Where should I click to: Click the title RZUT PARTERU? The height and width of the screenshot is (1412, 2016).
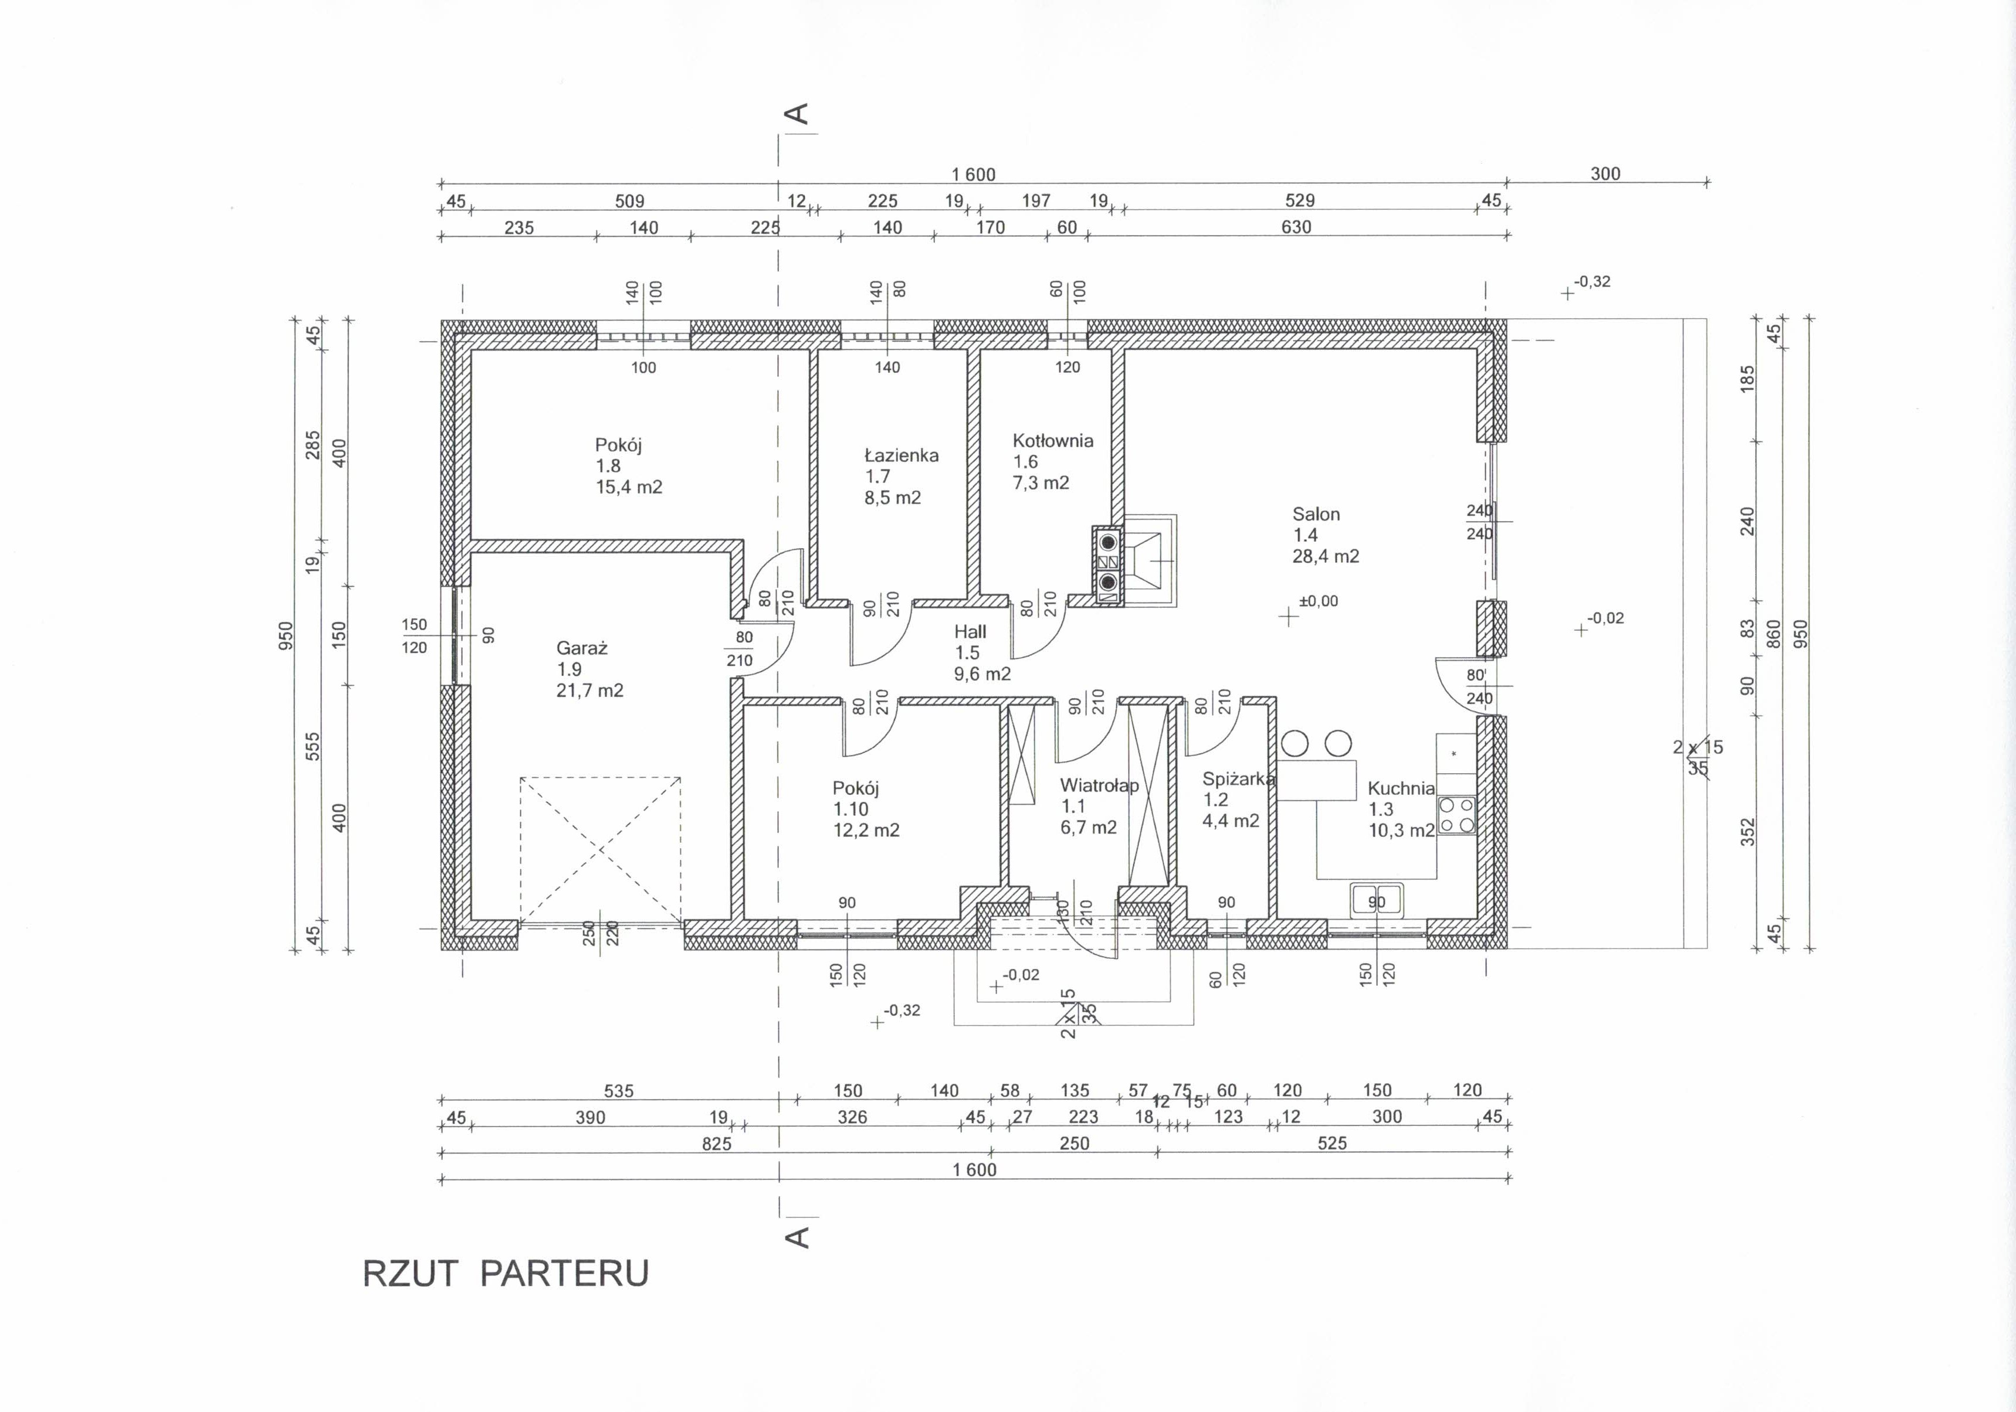click(506, 1273)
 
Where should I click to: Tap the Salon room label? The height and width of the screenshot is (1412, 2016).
click(1315, 514)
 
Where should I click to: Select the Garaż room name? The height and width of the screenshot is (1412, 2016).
click(582, 648)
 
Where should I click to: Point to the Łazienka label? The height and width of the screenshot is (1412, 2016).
click(901, 455)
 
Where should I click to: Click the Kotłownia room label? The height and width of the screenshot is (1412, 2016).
click(1053, 441)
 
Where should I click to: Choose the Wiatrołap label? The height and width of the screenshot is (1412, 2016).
click(1099, 785)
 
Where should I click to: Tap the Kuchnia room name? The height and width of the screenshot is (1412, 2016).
click(1401, 789)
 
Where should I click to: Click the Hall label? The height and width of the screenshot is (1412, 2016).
click(970, 632)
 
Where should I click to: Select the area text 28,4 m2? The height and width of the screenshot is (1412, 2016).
click(1325, 556)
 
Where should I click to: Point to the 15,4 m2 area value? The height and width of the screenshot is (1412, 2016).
click(629, 487)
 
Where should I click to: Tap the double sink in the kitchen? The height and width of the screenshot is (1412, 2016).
click(1377, 900)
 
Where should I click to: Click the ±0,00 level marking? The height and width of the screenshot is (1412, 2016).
click(1319, 602)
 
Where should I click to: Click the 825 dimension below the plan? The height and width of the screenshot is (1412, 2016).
click(717, 1144)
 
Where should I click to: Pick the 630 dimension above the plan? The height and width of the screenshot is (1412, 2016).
click(1296, 227)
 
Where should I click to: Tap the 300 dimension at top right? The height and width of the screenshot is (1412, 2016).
click(1605, 173)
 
